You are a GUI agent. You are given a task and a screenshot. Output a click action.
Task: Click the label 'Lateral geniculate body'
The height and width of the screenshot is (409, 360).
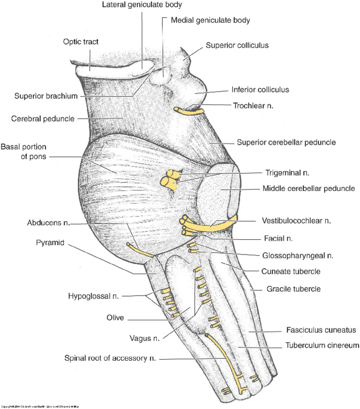[x=142, y=5]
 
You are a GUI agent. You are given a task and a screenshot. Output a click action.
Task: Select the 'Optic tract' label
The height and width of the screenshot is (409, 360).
[x=81, y=42]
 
